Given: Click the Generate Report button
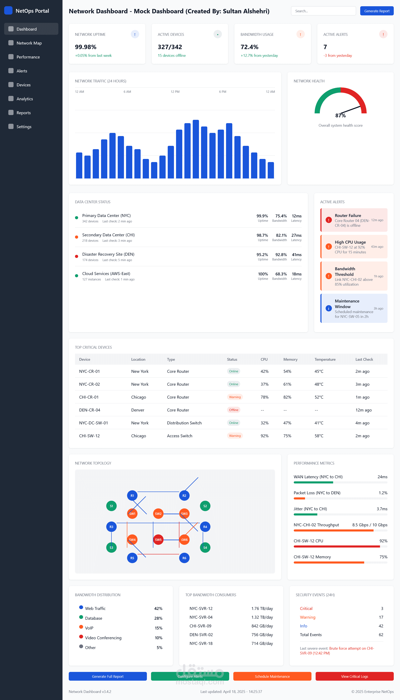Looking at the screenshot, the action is tap(377, 11).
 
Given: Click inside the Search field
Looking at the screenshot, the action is tap(323, 11).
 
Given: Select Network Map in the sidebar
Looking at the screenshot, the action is tap(29, 43).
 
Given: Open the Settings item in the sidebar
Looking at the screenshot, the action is tap(24, 127).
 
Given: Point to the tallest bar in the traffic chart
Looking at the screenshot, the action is tap(196, 149).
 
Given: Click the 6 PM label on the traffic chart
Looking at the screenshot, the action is tap(222, 92).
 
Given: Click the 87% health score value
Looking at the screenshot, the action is tap(340, 115).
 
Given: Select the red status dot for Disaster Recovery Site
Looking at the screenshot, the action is tap(77, 256).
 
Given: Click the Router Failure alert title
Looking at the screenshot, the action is tap(348, 216).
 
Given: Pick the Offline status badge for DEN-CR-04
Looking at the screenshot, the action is tap(234, 410).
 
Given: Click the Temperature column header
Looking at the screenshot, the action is tap(325, 359).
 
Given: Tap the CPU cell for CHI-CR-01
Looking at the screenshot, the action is tap(265, 397).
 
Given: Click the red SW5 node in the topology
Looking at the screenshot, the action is tap(158, 540).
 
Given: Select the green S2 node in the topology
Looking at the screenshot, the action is tap(205, 506).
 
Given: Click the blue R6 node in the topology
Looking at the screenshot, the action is tap(184, 558).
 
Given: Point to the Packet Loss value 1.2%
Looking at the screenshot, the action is tap(383, 493).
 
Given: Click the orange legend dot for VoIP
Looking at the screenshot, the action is tap(81, 627).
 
